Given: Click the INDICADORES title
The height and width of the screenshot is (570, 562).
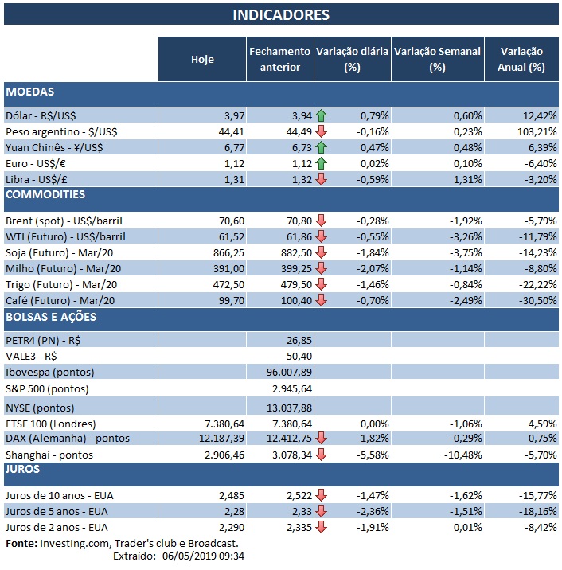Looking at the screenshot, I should point(281,15).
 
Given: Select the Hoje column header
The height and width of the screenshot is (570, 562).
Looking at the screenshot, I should point(202,59).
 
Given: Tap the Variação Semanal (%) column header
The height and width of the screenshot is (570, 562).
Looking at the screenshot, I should point(437,59).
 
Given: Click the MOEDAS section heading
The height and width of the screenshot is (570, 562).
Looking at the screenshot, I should point(30,92).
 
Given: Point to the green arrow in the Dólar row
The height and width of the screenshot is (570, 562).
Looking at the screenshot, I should point(322,115).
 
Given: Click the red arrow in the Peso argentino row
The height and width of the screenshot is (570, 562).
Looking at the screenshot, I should point(322,131).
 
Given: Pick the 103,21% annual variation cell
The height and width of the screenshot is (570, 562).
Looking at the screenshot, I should point(526,131).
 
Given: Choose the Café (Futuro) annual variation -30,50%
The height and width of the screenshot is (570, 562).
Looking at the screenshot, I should point(526,300).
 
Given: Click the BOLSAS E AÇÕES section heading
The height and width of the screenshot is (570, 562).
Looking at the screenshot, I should point(51,318).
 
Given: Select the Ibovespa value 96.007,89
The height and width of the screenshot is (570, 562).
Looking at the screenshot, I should point(291,373).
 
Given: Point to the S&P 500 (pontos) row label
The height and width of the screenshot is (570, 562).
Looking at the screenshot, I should point(47,389).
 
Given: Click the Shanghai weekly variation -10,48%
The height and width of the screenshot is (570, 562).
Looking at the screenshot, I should point(459,455).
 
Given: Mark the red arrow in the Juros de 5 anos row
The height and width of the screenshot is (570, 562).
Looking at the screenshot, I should point(322,511).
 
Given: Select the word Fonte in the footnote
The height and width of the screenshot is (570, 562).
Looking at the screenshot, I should point(21,543).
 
